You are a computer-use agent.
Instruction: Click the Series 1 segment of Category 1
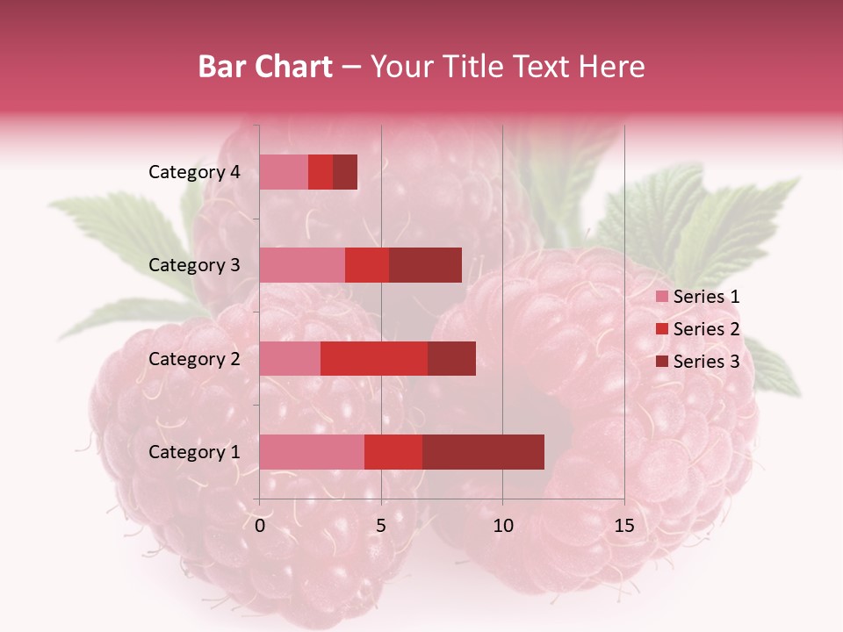point(312,451)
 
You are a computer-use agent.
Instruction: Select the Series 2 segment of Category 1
point(393,451)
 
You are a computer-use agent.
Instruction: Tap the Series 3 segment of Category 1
point(483,451)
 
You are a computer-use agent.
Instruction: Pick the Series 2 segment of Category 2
point(374,358)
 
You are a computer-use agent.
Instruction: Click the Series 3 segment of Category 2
point(451,358)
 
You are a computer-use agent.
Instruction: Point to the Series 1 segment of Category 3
point(302,265)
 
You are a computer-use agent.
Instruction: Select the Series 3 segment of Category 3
point(425,265)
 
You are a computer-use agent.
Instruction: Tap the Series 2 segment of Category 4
point(321,172)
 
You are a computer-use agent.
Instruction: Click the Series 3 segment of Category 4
point(345,172)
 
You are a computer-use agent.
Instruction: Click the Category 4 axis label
point(194,172)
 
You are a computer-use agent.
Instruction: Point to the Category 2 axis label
point(194,358)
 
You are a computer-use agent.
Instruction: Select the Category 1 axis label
point(194,452)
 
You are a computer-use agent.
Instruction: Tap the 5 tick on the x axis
point(381,526)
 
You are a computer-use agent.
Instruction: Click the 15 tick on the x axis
point(623,526)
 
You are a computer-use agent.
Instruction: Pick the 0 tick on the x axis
point(260,526)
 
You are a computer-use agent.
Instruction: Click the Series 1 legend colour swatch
point(661,297)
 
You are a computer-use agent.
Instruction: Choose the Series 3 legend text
point(706,362)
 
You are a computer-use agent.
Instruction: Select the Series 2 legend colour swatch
point(661,329)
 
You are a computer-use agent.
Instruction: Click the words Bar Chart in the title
point(265,67)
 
